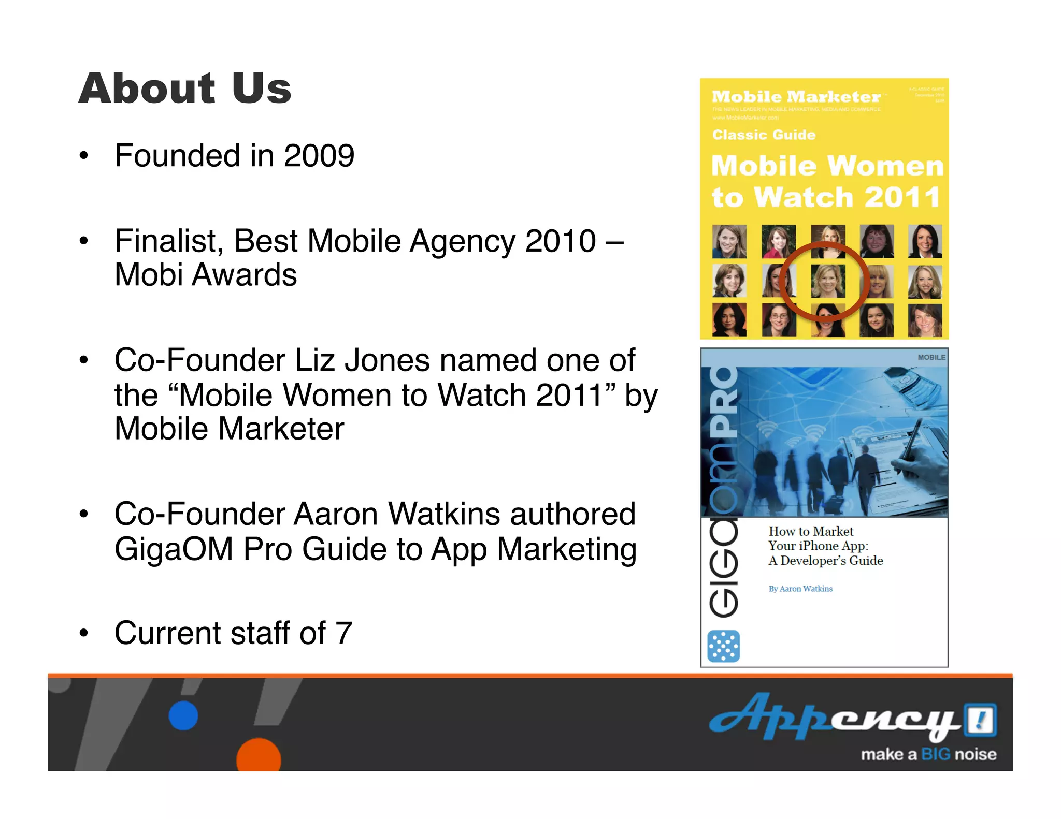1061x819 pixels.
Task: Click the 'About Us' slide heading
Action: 185,88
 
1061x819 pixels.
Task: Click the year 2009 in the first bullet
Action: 319,155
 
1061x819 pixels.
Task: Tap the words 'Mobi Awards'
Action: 206,274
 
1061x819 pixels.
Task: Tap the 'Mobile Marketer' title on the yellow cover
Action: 796,97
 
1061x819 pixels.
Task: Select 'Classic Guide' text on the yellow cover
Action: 764,135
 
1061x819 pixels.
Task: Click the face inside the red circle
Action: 827,281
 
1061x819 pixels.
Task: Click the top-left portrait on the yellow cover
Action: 729,241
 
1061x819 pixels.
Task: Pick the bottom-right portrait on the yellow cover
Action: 925,320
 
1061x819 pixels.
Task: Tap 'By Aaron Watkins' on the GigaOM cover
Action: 800,589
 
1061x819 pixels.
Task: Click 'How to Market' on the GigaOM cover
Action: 811,531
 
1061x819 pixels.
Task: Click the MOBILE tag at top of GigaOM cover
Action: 931,357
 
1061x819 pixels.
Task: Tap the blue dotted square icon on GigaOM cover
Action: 723,646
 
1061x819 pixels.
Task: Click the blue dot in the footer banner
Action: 183,715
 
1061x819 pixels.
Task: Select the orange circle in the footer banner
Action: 259,756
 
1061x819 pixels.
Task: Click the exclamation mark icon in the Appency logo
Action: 979,719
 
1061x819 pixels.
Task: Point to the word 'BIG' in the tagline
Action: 936,754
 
